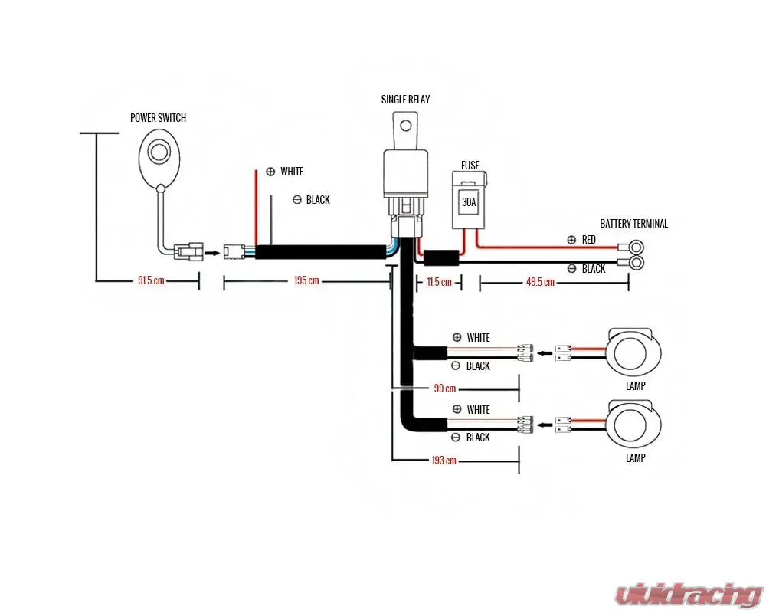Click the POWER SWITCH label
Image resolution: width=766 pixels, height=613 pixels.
(x=159, y=118)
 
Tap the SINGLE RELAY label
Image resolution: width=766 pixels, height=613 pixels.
(x=405, y=100)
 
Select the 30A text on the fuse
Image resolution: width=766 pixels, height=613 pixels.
(x=467, y=203)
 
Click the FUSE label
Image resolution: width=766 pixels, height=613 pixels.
(x=470, y=165)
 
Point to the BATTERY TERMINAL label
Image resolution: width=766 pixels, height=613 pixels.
(x=633, y=224)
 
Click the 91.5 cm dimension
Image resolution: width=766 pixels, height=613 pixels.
(x=151, y=280)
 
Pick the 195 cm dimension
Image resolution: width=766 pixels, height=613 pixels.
(x=306, y=280)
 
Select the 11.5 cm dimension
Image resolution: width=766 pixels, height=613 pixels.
(x=438, y=282)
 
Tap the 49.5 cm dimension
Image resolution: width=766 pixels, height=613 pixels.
(x=540, y=282)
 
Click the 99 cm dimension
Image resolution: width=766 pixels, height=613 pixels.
(x=444, y=388)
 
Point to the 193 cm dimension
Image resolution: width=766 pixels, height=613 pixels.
(x=444, y=461)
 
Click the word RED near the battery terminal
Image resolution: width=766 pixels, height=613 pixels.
(x=588, y=240)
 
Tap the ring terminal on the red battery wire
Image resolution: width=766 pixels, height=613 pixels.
(x=635, y=247)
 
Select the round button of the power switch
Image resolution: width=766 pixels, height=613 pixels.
(x=159, y=152)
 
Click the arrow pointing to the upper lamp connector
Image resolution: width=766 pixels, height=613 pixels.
(x=545, y=353)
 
